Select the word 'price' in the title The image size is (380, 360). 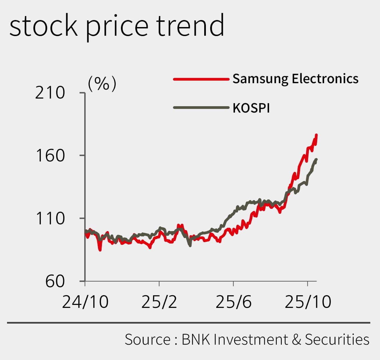[x=117, y=28]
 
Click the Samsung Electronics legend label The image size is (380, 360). [x=295, y=79]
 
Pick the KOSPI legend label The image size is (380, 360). [x=251, y=108]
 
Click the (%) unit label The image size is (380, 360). [x=102, y=84]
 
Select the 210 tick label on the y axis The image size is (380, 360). [x=50, y=93]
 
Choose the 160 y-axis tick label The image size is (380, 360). [x=50, y=156]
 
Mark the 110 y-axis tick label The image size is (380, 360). [x=50, y=218]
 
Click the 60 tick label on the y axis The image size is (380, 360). [x=54, y=281]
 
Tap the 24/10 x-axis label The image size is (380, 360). [x=85, y=302]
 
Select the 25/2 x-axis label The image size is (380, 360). [x=159, y=302]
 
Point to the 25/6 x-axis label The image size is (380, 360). [x=233, y=302]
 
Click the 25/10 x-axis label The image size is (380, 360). [x=308, y=302]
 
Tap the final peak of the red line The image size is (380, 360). [x=316, y=135]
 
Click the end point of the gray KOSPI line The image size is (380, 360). [x=316, y=160]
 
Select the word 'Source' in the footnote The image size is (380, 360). [x=147, y=339]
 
